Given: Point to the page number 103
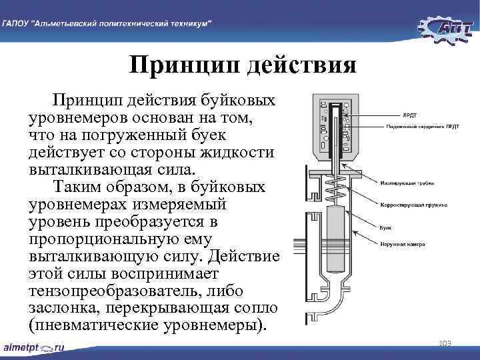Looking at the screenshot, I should [445, 343].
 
